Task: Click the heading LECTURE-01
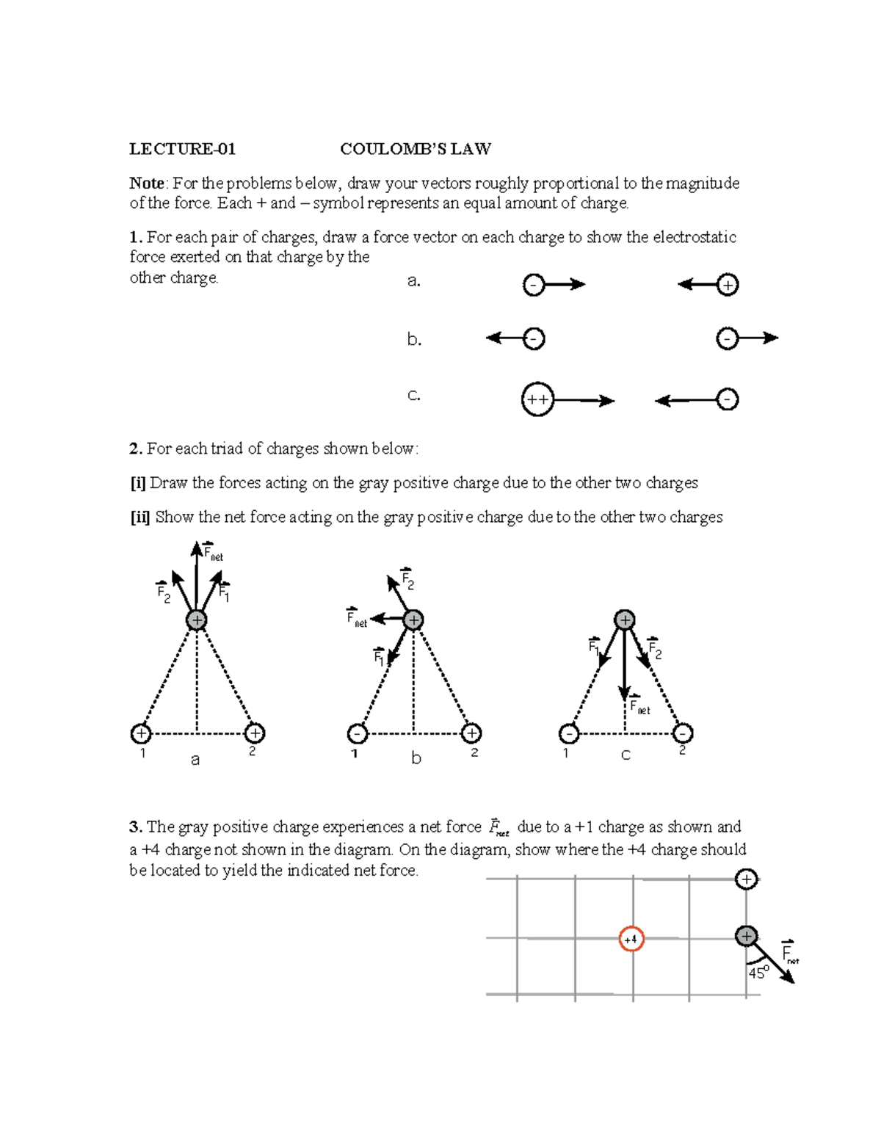click(x=182, y=149)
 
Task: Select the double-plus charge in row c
click(x=537, y=400)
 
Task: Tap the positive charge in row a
click(x=727, y=285)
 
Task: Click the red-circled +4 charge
click(x=631, y=939)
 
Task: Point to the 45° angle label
click(x=758, y=973)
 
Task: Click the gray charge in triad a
click(x=196, y=620)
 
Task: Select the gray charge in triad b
click(x=413, y=620)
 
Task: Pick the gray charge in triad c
click(x=624, y=620)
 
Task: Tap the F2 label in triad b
click(x=407, y=581)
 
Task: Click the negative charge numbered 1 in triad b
click(x=357, y=733)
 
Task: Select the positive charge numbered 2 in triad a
click(x=254, y=733)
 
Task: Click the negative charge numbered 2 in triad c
click(x=683, y=733)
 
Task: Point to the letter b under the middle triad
click(x=416, y=758)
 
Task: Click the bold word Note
click(x=147, y=184)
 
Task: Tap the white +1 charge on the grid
click(x=746, y=879)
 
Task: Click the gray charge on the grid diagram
click(x=746, y=936)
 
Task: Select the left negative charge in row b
click(x=534, y=338)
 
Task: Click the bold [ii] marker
click(x=139, y=518)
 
